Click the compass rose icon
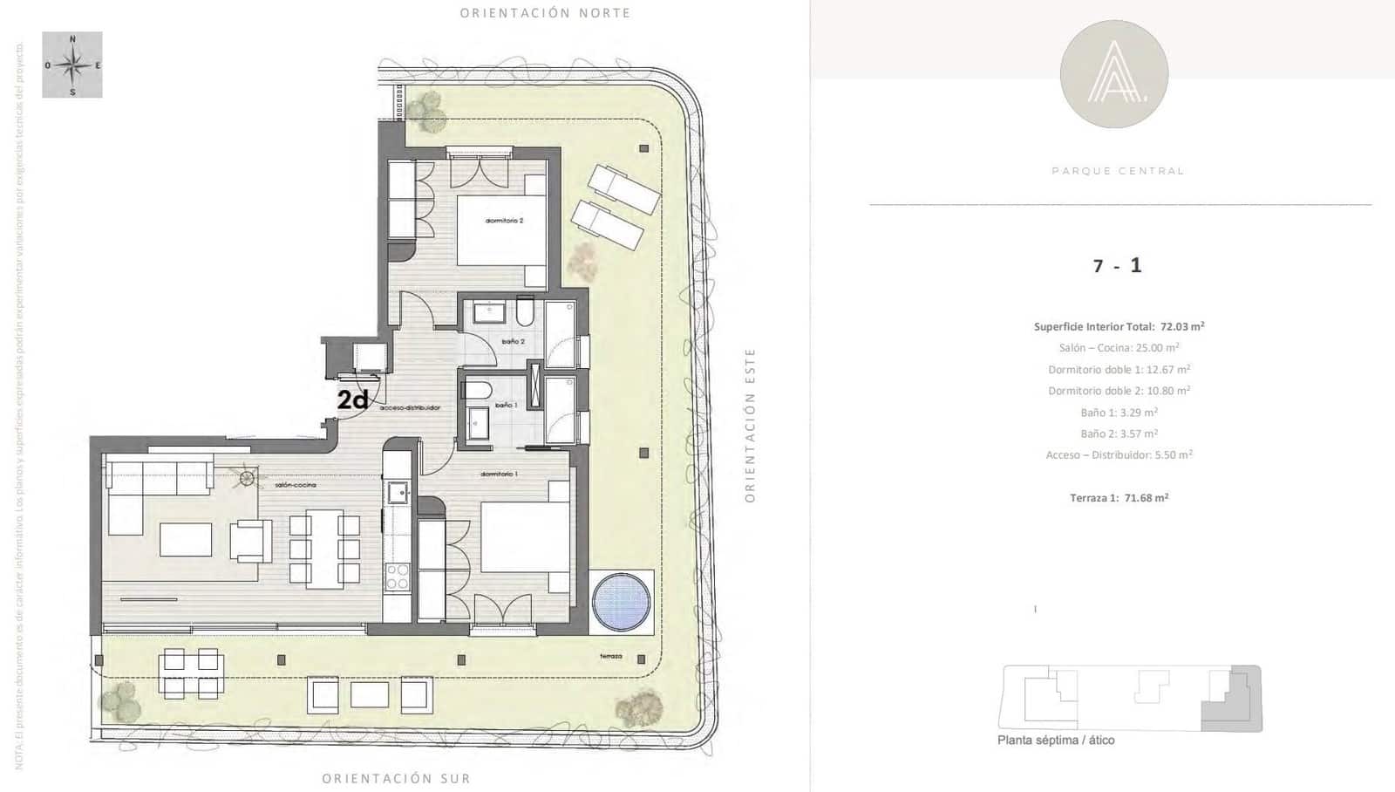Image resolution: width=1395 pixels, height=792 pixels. coord(72,65)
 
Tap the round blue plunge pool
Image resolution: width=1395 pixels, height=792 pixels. coord(622,600)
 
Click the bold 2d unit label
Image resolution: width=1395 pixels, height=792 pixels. coord(352,399)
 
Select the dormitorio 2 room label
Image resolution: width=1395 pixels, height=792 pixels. coord(504,221)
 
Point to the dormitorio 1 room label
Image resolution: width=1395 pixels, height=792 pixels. coord(499,474)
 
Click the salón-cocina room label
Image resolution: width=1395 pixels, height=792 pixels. coord(295,484)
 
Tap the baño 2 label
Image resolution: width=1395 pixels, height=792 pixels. coord(513,341)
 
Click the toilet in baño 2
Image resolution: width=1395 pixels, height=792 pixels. coord(525,311)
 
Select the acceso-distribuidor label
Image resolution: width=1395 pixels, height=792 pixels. coord(410,407)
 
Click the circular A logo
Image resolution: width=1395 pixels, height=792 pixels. coord(1113,73)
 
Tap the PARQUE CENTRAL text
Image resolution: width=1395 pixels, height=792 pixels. coord(1118,171)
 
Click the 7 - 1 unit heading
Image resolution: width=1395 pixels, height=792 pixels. coord(1117,265)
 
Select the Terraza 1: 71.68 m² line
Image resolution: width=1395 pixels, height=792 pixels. coord(1119,498)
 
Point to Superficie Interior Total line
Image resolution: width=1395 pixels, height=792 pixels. coord(1119,326)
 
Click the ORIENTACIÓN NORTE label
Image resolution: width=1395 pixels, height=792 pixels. coord(545,13)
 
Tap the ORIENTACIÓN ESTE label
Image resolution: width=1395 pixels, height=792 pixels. coord(750,425)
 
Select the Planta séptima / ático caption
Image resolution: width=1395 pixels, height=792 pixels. coord(1056,740)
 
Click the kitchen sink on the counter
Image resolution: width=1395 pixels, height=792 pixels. coord(398,493)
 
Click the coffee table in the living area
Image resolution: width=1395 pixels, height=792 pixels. coord(186,539)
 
